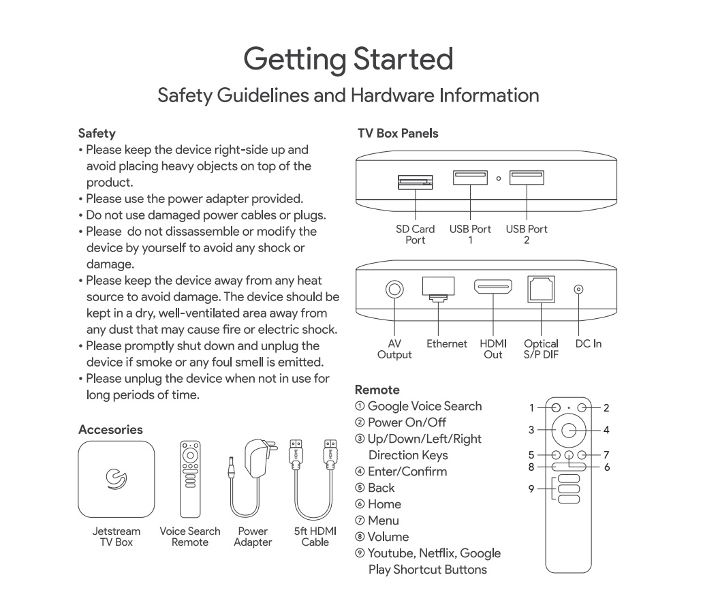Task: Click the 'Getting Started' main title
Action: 348,59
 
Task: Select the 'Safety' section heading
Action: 97,134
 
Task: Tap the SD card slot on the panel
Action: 414,182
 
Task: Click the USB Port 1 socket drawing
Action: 470,178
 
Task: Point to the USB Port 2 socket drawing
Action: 526,178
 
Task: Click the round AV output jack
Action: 394,290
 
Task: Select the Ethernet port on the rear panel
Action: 439,288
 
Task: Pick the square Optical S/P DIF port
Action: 541,289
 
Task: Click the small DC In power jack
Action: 579,290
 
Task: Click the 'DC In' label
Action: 588,344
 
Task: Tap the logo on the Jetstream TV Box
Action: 116,478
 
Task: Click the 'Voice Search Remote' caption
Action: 190,537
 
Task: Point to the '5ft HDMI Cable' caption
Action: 315,537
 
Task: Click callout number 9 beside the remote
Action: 531,488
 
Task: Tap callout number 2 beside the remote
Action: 606,408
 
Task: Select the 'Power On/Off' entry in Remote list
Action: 407,422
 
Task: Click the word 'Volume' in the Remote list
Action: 388,537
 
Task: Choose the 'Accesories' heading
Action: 110,430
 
